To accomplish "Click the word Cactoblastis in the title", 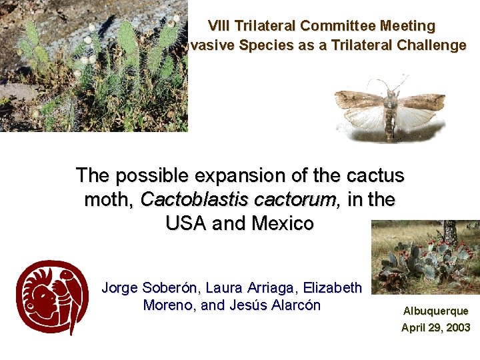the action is (194, 199).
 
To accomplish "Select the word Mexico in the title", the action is (283, 223).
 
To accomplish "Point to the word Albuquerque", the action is (435, 311).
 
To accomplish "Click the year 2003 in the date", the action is (458, 327).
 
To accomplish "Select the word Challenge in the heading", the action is (431, 45).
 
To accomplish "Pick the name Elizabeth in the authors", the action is (333, 288).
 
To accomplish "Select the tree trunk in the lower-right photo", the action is (450, 232).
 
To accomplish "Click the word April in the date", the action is (413, 328).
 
